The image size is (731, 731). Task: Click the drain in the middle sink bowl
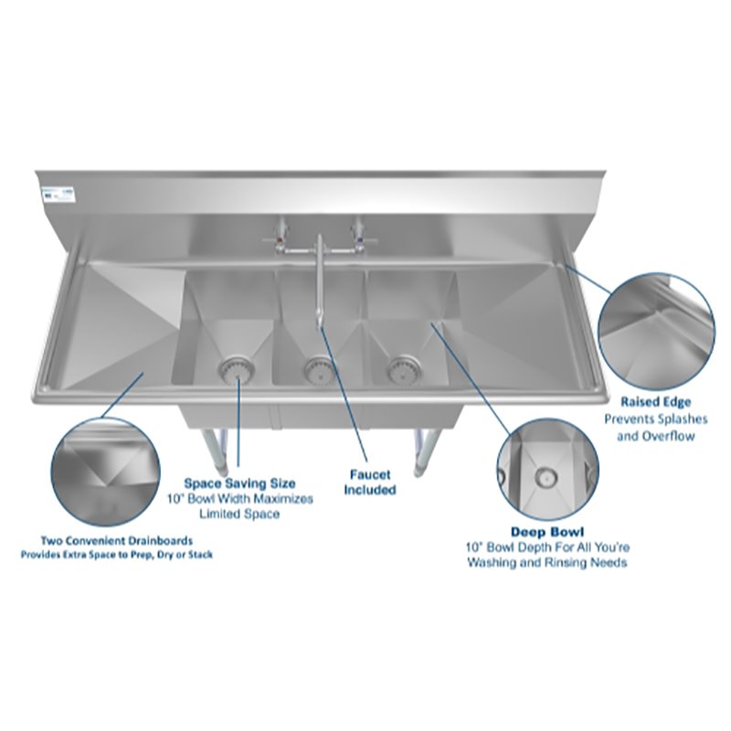317,371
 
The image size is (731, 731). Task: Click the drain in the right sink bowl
398,369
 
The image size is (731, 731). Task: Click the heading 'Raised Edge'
655,401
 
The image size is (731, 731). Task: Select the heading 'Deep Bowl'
547,531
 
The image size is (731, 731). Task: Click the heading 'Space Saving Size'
239,482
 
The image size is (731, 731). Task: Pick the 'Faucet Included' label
370,482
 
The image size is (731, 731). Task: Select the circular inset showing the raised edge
655,328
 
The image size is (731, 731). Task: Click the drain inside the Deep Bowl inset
546,474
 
